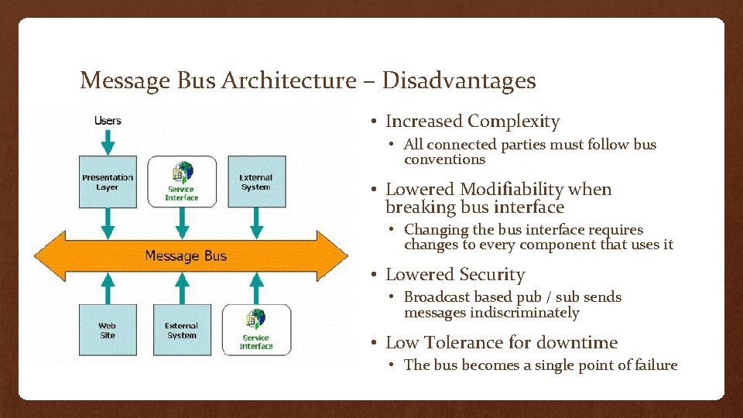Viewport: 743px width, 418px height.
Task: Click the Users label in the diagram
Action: click(108, 121)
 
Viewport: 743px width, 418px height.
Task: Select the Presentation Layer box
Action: click(108, 182)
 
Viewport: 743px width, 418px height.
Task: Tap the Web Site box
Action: click(108, 330)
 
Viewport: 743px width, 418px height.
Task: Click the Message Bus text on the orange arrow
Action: click(186, 255)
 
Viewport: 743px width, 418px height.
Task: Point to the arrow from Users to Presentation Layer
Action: click(108, 141)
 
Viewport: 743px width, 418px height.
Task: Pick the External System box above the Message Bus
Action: click(255, 182)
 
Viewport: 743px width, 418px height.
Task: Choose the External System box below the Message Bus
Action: click(181, 330)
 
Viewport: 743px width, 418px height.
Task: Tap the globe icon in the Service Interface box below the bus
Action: click(255, 319)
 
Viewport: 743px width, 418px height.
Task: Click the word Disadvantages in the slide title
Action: click(459, 81)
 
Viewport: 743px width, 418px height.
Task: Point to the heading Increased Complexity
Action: click(472, 122)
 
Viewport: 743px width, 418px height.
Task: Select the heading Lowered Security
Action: click(455, 275)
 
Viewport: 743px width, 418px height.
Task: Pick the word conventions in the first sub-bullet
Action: click(444, 159)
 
